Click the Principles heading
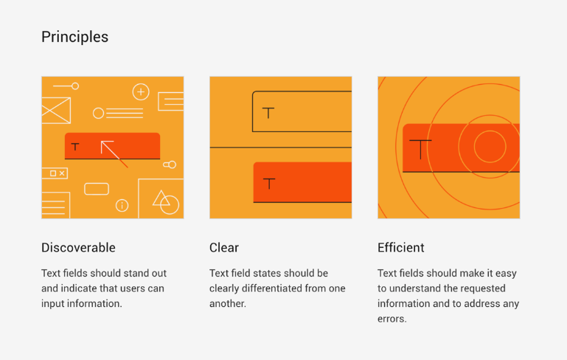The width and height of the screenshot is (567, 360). (x=75, y=37)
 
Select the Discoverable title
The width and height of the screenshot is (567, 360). (x=78, y=247)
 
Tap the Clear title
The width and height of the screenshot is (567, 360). (x=224, y=247)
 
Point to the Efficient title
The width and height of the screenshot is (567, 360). (x=401, y=247)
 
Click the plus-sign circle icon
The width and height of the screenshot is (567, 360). (x=141, y=92)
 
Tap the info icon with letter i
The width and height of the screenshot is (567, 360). (x=122, y=206)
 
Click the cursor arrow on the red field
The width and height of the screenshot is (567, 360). (x=114, y=153)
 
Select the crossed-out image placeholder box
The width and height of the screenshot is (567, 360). (x=56, y=111)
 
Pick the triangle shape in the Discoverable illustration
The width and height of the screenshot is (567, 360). (x=161, y=198)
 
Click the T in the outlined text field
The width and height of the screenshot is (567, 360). (x=268, y=113)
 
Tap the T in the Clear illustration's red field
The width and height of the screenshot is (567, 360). (x=269, y=184)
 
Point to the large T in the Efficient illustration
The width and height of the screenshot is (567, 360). (x=420, y=149)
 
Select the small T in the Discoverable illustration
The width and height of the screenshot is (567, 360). (x=75, y=147)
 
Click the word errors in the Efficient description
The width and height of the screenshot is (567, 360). (x=392, y=319)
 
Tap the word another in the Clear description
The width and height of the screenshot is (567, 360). (x=227, y=303)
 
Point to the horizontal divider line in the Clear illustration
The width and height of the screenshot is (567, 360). (x=281, y=148)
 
